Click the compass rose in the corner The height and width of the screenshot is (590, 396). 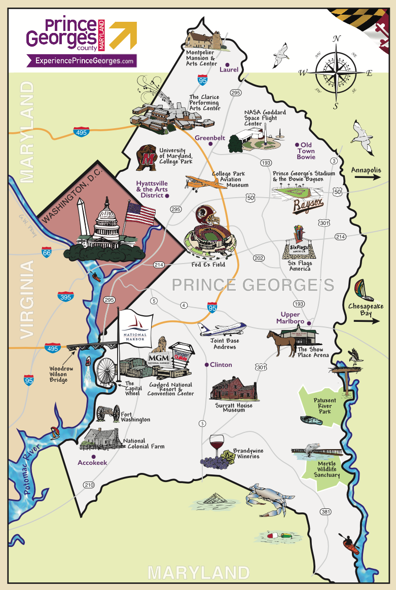tap(336, 72)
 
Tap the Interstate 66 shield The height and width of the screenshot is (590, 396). tap(47, 251)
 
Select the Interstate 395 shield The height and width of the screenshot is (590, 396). tap(65, 296)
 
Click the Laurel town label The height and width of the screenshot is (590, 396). tap(229, 69)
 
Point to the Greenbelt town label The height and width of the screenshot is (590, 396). tap(210, 137)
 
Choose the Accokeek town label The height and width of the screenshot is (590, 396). tap(92, 462)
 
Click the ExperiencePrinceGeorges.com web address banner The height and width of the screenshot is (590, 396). tap(82, 61)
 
